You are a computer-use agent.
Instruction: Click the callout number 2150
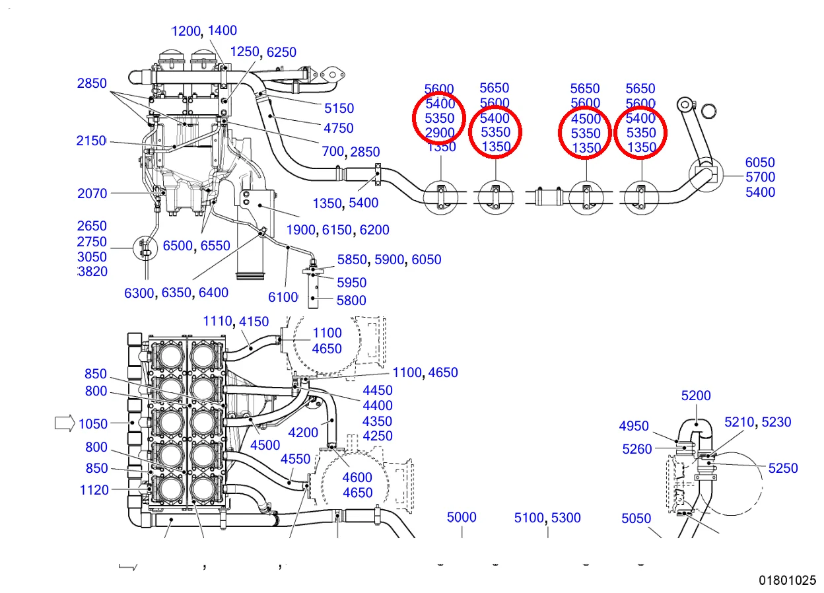tap(91, 141)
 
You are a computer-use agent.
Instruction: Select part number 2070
tap(92, 193)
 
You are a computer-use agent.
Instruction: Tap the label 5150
tap(339, 108)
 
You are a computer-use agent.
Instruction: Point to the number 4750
tap(338, 128)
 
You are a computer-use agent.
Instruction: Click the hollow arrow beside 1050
tap(64, 423)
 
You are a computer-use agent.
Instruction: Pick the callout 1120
tap(93, 490)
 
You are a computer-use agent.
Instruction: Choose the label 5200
tap(696, 396)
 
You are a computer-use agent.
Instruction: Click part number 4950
tap(634, 427)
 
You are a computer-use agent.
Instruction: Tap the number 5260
tap(637, 449)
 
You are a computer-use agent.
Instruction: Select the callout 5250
tap(783, 468)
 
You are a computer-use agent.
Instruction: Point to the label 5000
tap(462, 518)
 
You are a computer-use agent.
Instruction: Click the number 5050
tap(636, 518)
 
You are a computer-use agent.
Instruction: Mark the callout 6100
tap(283, 297)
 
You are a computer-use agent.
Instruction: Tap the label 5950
tap(351, 283)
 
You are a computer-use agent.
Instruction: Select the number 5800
tap(351, 300)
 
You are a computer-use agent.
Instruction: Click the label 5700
tap(760, 177)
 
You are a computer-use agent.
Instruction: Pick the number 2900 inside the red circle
tap(440, 133)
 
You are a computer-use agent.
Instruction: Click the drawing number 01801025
tap(787, 580)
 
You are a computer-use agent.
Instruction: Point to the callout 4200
tap(303, 433)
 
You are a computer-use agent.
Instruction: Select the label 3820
tap(92, 271)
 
